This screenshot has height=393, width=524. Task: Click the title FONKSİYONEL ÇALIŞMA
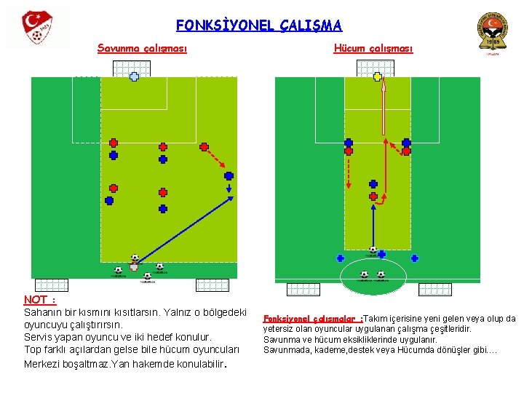tap(258, 25)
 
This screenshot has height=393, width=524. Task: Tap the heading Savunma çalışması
tap(142, 49)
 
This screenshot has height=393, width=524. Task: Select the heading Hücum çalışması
tap(373, 49)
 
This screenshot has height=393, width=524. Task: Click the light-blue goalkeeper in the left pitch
tap(134, 76)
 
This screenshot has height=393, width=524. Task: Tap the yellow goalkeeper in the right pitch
tap(377, 76)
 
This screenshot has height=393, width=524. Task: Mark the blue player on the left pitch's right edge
tap(229, 175)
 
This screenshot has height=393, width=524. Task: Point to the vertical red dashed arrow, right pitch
tap(349, 175)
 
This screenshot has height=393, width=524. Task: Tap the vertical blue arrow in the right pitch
tap(373, 226)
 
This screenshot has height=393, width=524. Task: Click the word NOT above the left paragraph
tap(35, 299)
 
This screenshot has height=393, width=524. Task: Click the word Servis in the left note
tap(39, 337)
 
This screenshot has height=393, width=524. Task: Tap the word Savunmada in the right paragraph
tap(285, 349)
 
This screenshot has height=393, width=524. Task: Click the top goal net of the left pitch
tap(132, 68)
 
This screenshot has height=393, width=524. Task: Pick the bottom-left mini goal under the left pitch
tap(51, 285)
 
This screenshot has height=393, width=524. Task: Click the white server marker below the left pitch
tap(134, 267)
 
